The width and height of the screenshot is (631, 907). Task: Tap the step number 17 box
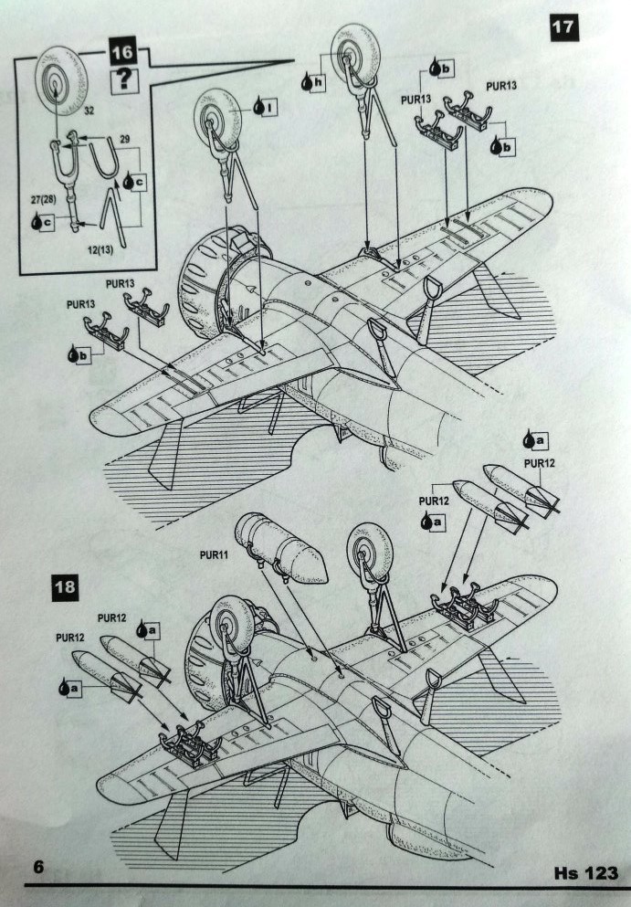pos(564,27)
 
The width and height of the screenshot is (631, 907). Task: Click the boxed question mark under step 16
pos(122,80)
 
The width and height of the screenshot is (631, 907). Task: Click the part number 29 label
pos(125,136)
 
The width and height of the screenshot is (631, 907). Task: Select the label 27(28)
pos(40,196)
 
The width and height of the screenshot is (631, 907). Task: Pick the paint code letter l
pos(271,108)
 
